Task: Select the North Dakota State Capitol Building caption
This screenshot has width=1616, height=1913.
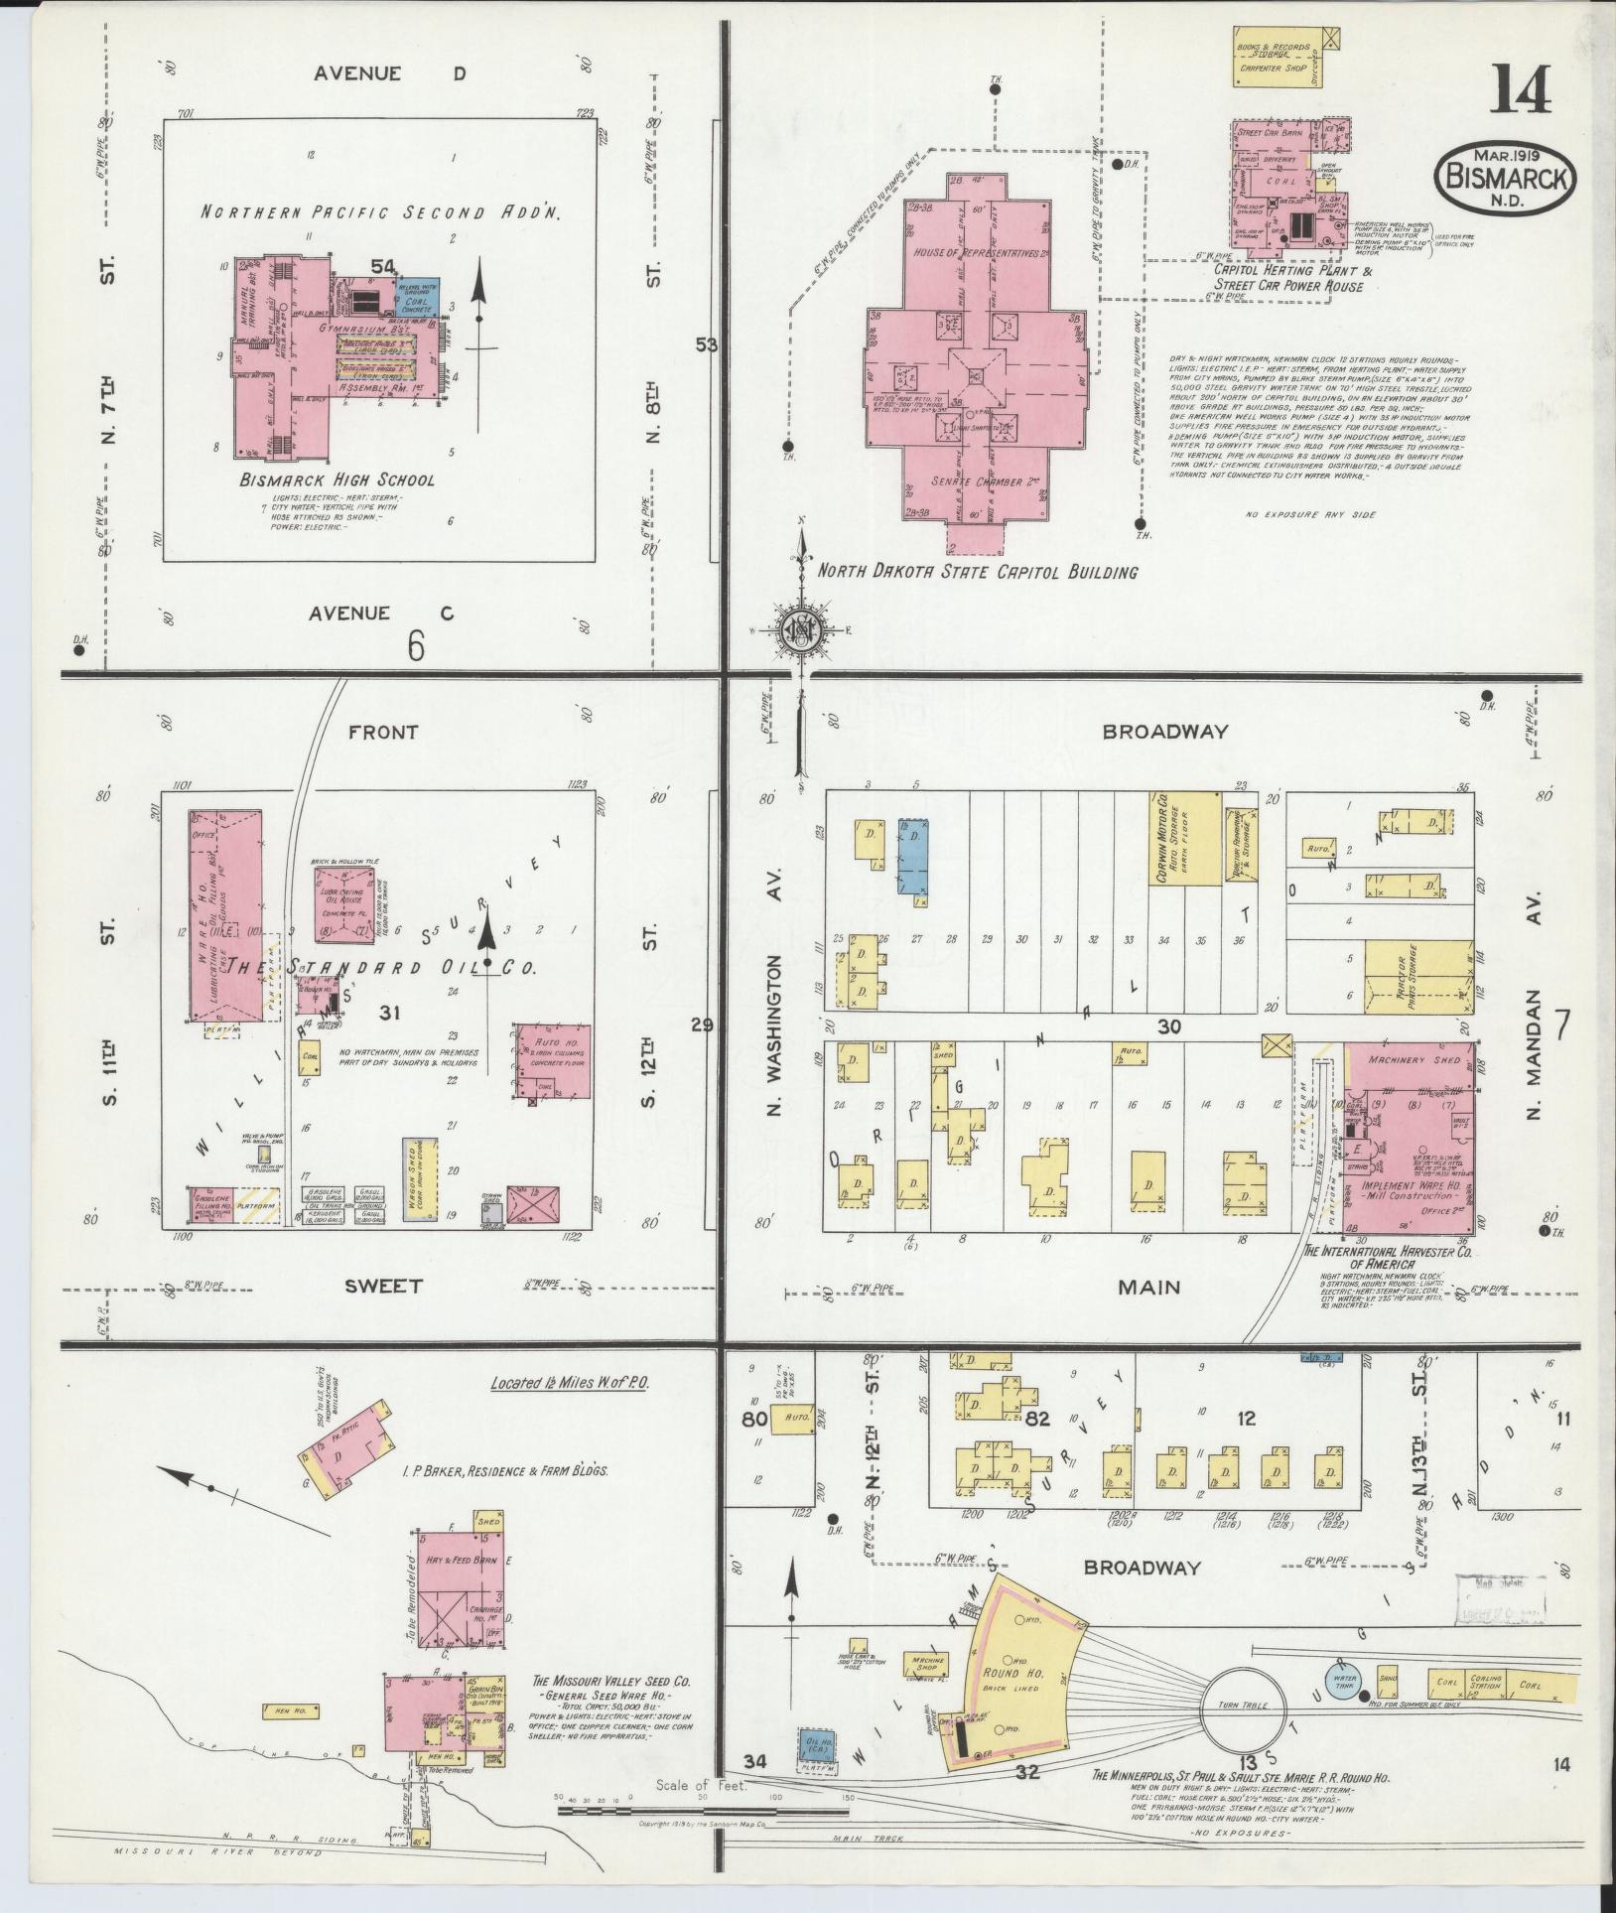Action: [977, 572]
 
